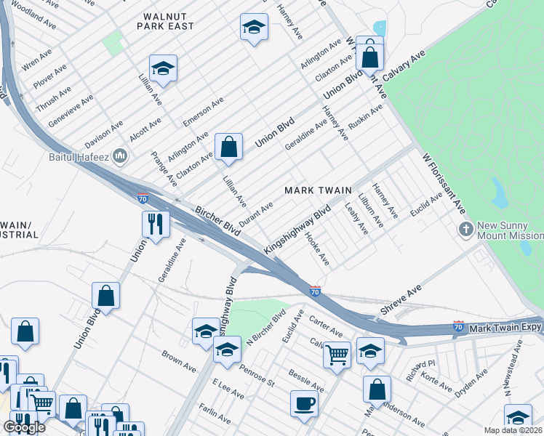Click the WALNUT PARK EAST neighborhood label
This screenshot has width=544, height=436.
pyautogui.click(x=167, y=20)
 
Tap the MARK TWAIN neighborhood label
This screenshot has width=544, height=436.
pyautogui.click(x=318, y=190)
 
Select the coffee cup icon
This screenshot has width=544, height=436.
pyautogui.click(x=304, y=403)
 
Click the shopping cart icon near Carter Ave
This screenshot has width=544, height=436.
pyautogui.click(x=337, y=355)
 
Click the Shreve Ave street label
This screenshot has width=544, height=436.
pyautogui.click(x=401, y=300)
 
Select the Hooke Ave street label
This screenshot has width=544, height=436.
pyautogui.click(x=319, y=249)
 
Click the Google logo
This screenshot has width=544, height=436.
pyautogui.click(x=24, y=427)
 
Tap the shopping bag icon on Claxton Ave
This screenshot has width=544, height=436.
pyautogui.click(x=228, y=146)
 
